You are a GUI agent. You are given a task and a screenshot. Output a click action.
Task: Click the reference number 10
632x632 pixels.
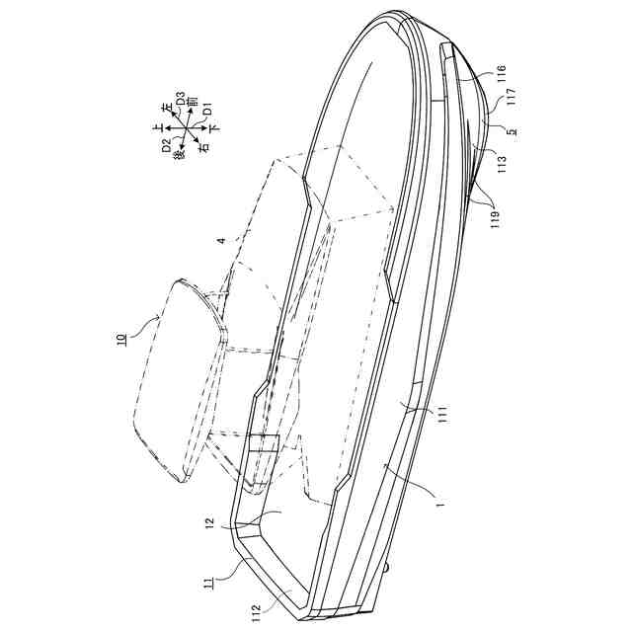tap(119, 342)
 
